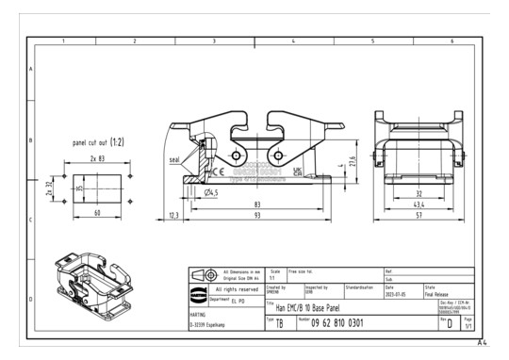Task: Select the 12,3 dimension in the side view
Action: (172, 216)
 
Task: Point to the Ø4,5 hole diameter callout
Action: (215, 192)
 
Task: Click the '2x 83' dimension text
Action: (96, 159)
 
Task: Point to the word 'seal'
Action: (174, 160)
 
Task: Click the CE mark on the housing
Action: (217, 172)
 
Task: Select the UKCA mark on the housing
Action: (298, 172)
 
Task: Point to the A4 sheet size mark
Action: (481, 343)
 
